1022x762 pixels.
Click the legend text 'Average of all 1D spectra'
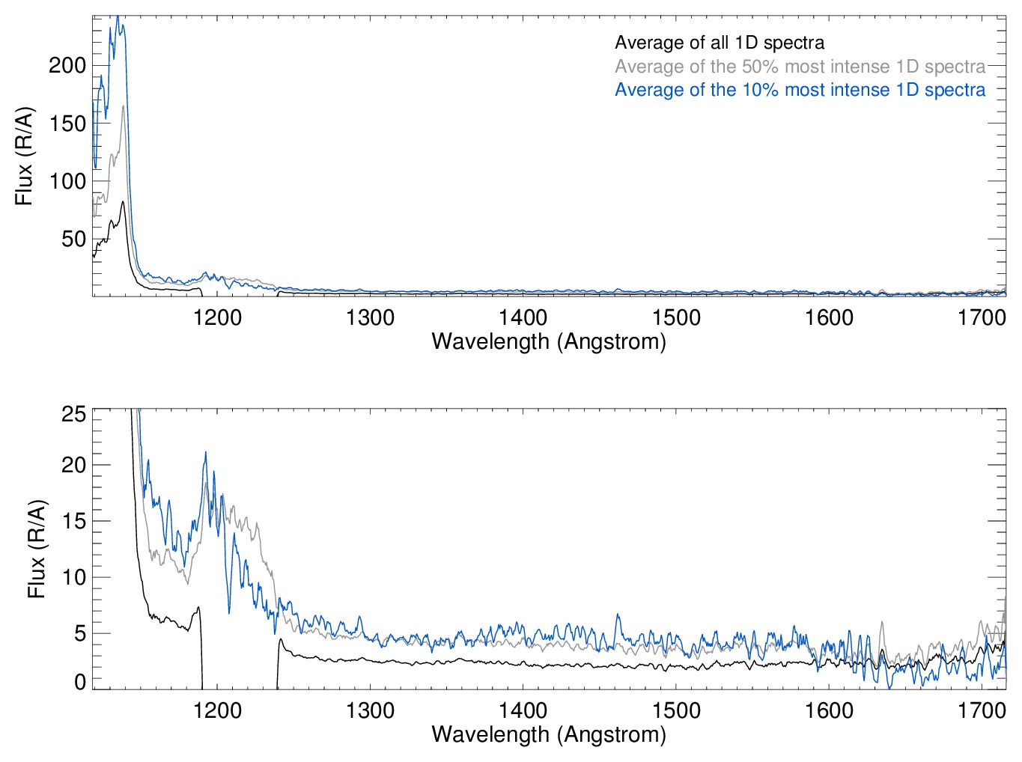pyautogui.click(x=720, y=43)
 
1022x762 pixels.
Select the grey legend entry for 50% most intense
pyautogui.click(x=800, y=67)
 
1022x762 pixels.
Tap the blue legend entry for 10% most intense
pyautogui.click(x=800, y=90)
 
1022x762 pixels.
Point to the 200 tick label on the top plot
pyautogui.click(x=67, y=65)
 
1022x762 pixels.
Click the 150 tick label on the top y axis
pyautogui.click(x=67, y=124)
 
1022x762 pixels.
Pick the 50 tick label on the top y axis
pyautogui.click(x=73, y=239)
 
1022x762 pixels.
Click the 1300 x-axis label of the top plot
pyautogui.click(x=370, y=317)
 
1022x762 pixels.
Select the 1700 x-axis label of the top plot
pyautogui.click(x=982, y=317)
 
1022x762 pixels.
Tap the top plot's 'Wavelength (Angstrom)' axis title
pyautogui.click(x=549, y=341)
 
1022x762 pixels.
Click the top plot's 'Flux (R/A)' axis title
pyautogui.click(x=24, y=156)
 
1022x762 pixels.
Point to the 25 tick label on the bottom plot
pyautogui.click(x=73, y=414)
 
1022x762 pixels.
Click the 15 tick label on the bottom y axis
pyautogui.click(x=73, y=522)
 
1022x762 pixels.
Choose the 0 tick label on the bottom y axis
pyautogui.click(x=80, y=682)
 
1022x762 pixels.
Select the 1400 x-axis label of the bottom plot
pyautogui.click(x=523, y=710)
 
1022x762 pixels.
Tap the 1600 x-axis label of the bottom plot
pyautogui.click(x=829, y=710)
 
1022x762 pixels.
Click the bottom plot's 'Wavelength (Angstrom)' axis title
pyautogui.click(x=549, y=734)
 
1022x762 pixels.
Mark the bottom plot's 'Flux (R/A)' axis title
pyautogui.click(x=36, y=549)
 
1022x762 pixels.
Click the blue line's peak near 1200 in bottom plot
pyautogui.click(x=205, y=453)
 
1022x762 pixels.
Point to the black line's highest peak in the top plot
pyautogui.click(x=123, y=201)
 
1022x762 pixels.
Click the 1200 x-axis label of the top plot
pyautogui.click(x=217, y=317)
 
